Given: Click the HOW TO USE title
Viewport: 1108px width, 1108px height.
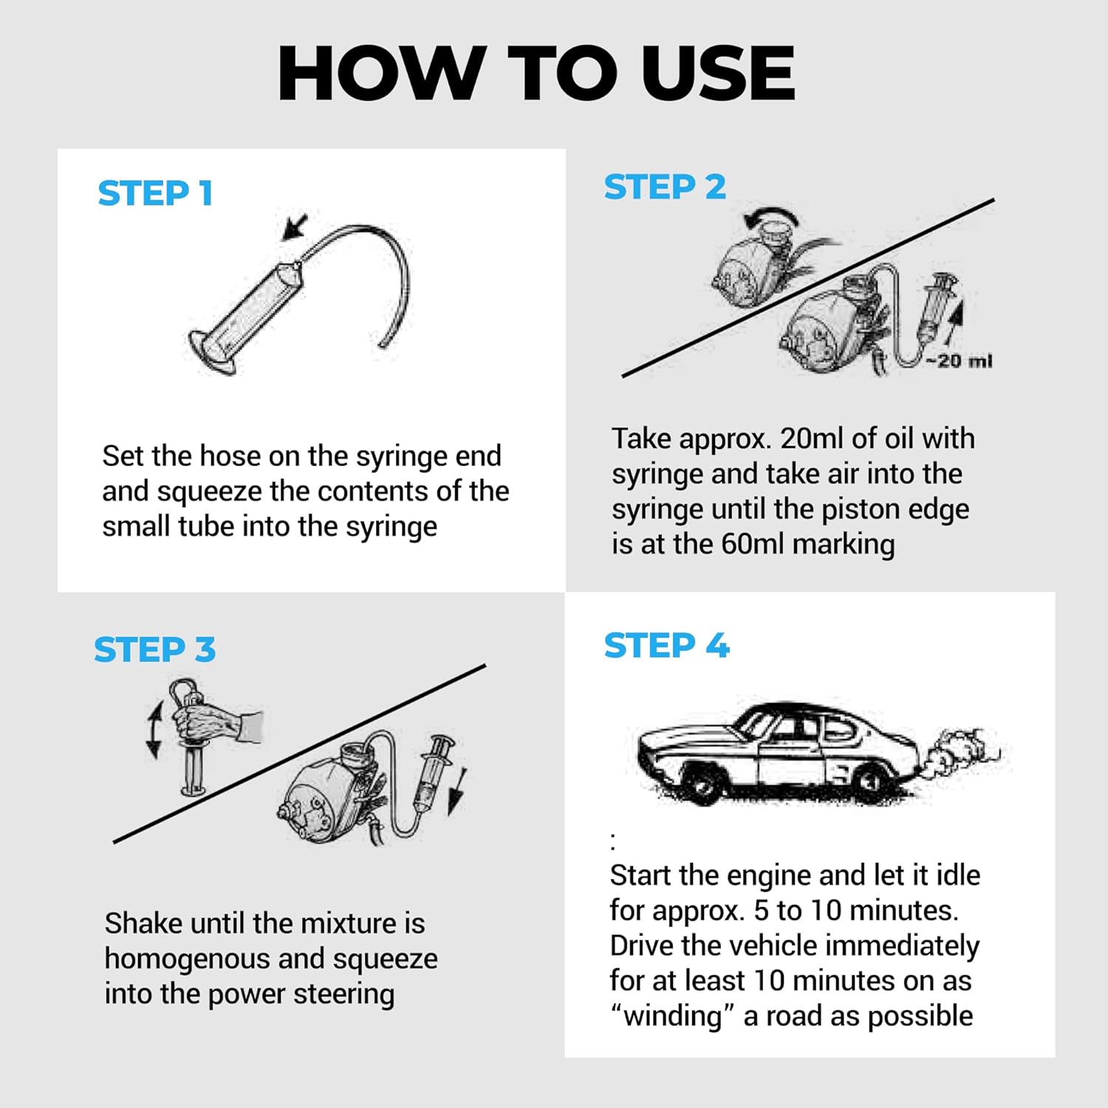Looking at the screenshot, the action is point(536,73).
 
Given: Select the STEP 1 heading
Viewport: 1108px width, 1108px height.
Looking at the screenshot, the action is point(155,194).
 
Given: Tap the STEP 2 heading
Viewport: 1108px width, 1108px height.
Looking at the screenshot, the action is point(665,187).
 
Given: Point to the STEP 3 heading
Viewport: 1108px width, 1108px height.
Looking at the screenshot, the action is point(154,650).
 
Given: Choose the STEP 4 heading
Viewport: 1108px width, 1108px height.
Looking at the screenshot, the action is point(666,646).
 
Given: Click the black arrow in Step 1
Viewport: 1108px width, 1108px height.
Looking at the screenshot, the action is point(295,227).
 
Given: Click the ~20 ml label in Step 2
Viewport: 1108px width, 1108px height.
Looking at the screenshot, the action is point(959,361).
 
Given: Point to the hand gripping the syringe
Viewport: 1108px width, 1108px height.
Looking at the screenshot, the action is point(216,722).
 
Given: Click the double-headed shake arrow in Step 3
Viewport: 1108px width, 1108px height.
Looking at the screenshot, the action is point(154,731).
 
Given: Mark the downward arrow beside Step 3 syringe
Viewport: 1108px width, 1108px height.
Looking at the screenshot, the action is point(456,792).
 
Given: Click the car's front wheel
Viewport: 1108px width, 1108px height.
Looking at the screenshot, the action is point(700,783).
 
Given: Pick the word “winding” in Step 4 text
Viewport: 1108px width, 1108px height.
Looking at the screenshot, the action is point(672,1016).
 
